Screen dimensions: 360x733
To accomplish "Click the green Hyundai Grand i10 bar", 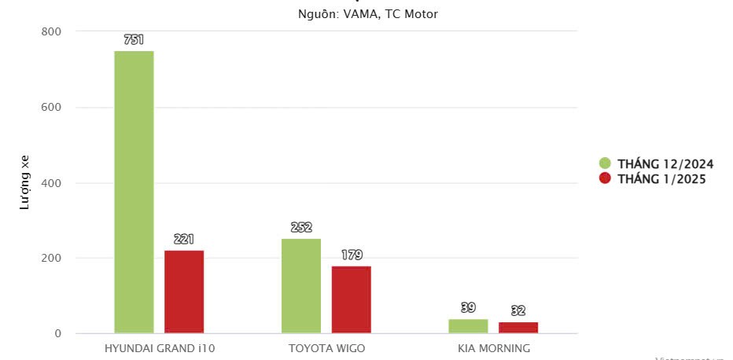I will [x=134, y=192].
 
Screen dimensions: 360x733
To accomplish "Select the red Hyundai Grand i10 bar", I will [x=184, y=292].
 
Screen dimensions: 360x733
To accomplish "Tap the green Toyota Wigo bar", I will [x=301, y=285].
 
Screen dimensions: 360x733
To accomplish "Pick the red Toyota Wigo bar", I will [x=351, y=299].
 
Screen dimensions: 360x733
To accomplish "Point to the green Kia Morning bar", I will [x=468, y=326].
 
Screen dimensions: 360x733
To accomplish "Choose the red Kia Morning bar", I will [x=518, y=328].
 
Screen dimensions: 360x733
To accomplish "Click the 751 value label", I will [x=134, y=39].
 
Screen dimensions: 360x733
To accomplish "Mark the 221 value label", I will [x=184, y=239].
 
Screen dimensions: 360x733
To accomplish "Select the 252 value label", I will [x=301, y=227].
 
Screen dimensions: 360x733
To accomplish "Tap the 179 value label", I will [x=352, y=255].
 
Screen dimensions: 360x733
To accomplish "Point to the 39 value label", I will [x=468, y=307].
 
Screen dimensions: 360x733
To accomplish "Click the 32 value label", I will [x=518, y=310].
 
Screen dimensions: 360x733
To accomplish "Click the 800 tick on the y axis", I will [x=52, y=31].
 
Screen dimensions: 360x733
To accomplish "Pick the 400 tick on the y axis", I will [x=52, y=183].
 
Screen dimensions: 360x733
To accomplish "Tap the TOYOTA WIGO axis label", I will [x=326, y=347].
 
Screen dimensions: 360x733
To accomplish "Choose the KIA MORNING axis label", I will [x=494, y=347].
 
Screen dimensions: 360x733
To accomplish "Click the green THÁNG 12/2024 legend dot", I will [x=605, y=163].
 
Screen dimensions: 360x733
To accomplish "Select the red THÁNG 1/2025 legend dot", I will [x=605, y=178].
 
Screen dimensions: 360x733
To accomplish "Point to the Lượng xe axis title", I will [x=24, y=183].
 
